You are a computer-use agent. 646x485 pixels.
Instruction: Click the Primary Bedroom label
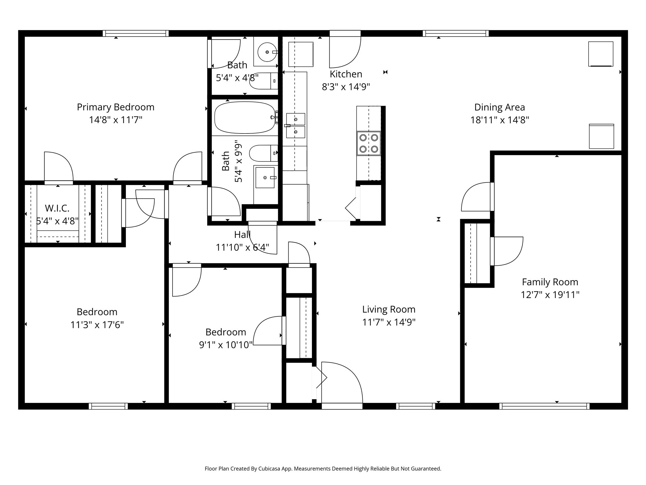pos(115,107)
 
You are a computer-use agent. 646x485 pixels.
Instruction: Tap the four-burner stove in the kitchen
pos(369,143)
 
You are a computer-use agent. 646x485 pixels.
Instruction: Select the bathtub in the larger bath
pos(245,117)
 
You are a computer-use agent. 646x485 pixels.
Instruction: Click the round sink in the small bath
pos(267,52)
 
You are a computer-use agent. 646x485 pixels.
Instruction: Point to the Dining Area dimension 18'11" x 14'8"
pos(500,120)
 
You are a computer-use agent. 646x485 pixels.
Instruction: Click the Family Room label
pos(550,282)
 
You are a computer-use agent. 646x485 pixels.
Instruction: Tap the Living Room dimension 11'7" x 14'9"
pos(389,322)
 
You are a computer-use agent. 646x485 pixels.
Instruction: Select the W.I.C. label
pos(57,208)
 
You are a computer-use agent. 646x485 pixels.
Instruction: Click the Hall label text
pos(242,234)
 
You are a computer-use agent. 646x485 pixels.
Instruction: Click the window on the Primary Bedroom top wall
pos(136,33)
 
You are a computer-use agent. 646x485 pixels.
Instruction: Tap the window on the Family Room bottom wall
pos(544,406)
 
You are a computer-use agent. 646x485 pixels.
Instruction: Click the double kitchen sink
pos(296,126)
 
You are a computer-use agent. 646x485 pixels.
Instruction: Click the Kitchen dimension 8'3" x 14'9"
pos(346,87)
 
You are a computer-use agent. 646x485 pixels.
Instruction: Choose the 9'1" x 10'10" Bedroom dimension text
pos(226,345)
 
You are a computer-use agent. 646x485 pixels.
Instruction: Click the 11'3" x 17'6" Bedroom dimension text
pos(97,325)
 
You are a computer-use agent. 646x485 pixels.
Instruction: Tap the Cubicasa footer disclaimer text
pos(323,469)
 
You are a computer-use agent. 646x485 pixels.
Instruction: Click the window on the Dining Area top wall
pos(455,33)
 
